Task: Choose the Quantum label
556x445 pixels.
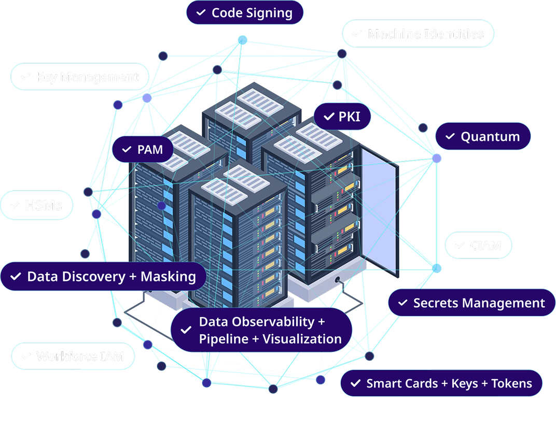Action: (482, 137)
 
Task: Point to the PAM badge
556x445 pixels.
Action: (143, 150)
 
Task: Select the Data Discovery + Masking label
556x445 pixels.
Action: (104, 277)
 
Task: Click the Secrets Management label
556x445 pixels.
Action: (471, 303)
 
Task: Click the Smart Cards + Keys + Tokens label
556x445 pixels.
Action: (441, 383)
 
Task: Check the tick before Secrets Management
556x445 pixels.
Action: (402, 303)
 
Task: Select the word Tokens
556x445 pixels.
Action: (512, 383)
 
